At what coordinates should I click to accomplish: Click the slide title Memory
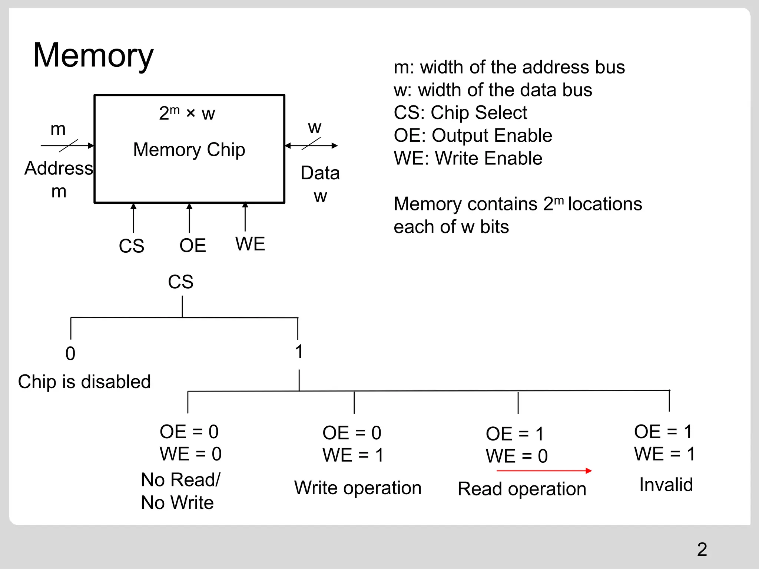coord(93,56)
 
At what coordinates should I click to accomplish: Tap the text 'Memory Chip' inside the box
coord(189,150)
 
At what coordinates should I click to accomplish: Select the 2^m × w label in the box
coord(187,113)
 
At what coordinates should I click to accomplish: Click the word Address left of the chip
coord(59,168)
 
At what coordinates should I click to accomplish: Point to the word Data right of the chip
coord(320,173)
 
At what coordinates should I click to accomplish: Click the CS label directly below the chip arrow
coord(131,246)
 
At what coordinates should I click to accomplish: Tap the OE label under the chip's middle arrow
coord(192,245)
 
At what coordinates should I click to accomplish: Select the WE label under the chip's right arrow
coord(250,244)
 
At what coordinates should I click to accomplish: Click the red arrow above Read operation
coord(544,471)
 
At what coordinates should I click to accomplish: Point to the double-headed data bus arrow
coord(311,145)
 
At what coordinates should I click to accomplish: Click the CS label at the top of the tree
coord(180,282)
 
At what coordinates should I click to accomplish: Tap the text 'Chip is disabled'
coord(84,381)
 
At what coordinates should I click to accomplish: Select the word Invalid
coord(666,485)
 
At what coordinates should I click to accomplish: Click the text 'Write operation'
coord(358,488)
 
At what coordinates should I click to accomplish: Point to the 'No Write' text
coord(177,502)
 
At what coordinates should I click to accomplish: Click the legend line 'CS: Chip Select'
coord(460,112)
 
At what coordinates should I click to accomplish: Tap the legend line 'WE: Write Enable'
coord(468,158)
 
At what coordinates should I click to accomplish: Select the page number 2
coord(702,549)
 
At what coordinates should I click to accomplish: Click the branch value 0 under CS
coord(70,353)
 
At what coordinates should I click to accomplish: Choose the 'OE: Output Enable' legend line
coord(473,135)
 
